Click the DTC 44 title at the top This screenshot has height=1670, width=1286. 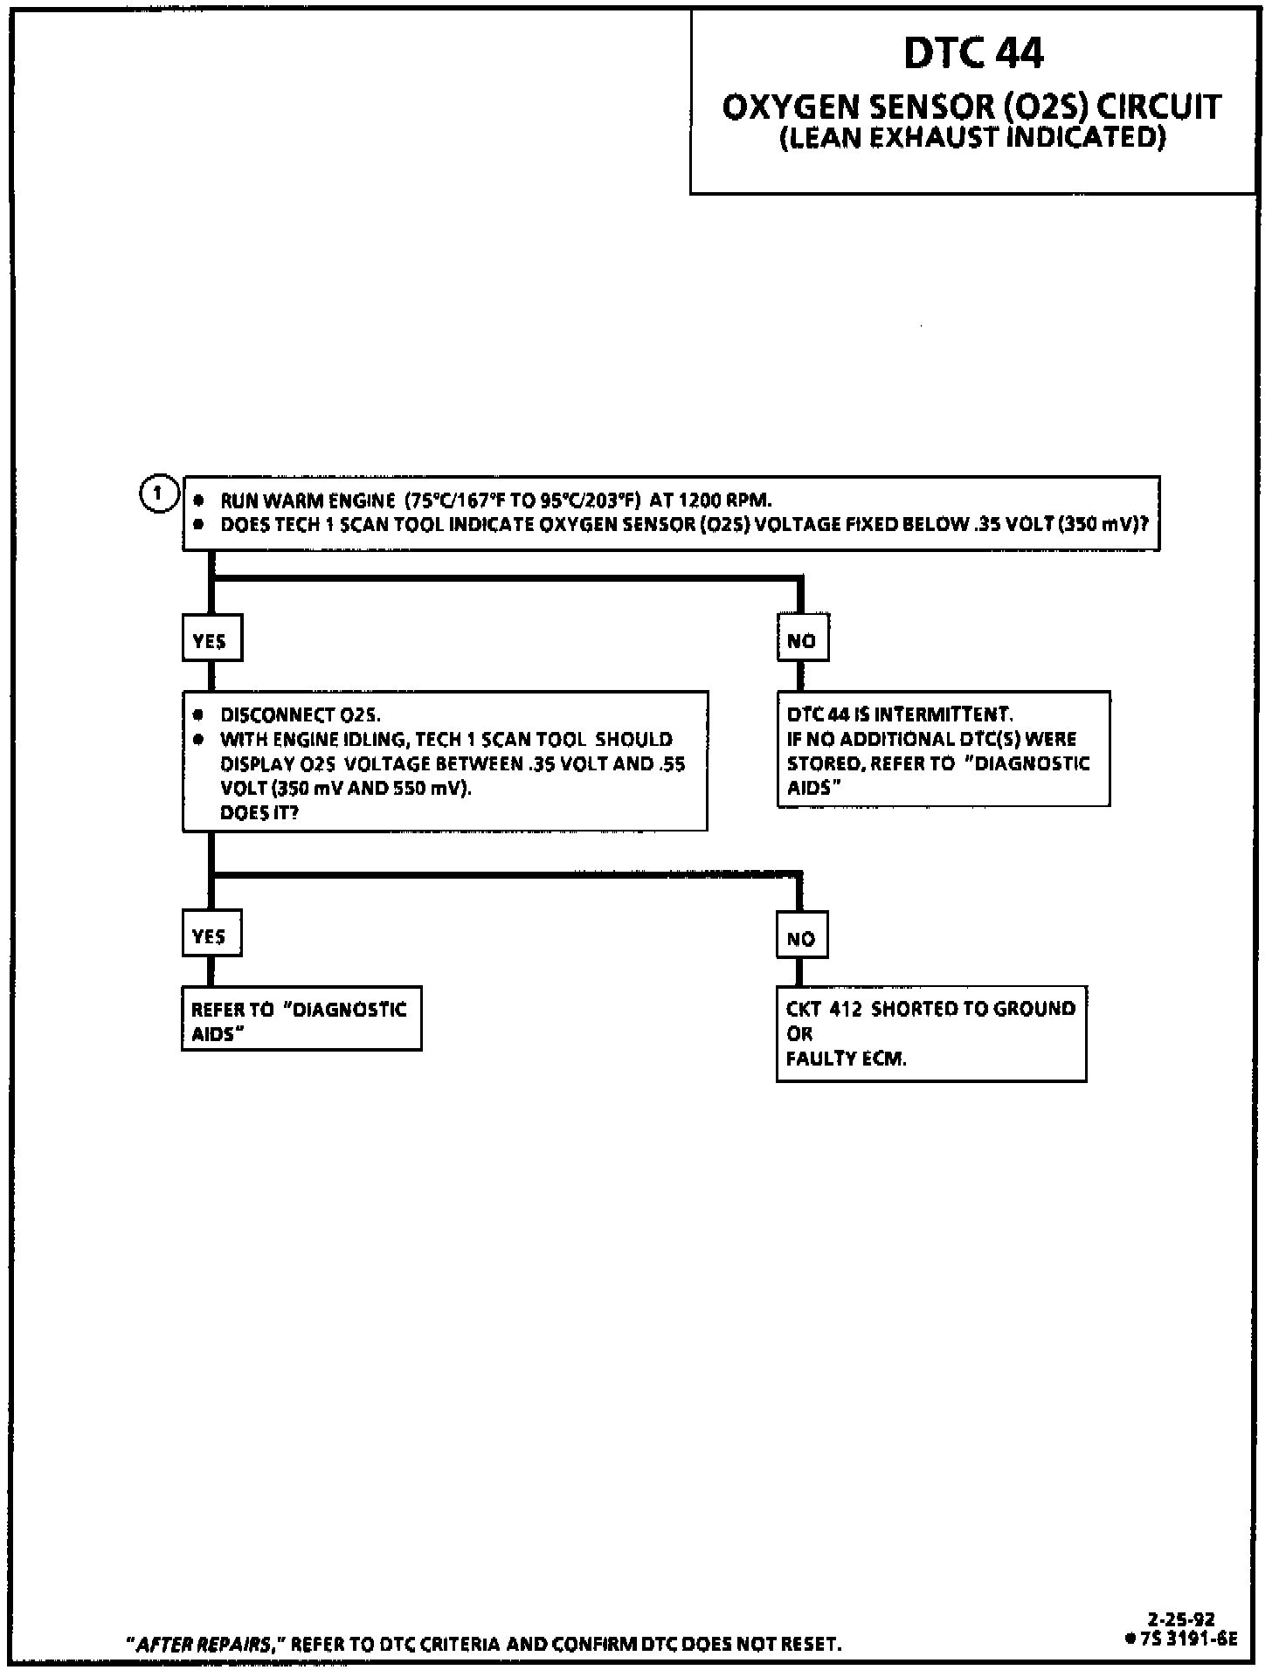tap(973, 53)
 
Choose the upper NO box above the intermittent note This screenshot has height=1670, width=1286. tap(802, 639)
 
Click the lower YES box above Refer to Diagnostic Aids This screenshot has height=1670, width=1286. tap(211, 935)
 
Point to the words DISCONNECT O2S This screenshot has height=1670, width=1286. tap(300, 714)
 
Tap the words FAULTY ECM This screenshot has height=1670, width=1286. tap(846, 1059)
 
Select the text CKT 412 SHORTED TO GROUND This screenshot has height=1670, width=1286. tap(930, 1009)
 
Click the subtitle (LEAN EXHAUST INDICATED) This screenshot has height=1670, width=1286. tap(972, 138)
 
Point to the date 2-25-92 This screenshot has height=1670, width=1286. tap(1181, 1619)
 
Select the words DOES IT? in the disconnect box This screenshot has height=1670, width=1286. tap(259, 812)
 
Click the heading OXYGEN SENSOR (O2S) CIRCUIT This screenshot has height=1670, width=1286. tap(971, 107)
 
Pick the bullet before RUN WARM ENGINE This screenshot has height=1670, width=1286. tap(199, 500)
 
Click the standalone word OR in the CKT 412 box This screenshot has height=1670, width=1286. tap(799, 1034)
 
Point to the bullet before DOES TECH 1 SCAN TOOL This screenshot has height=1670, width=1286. tap(199, 525)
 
